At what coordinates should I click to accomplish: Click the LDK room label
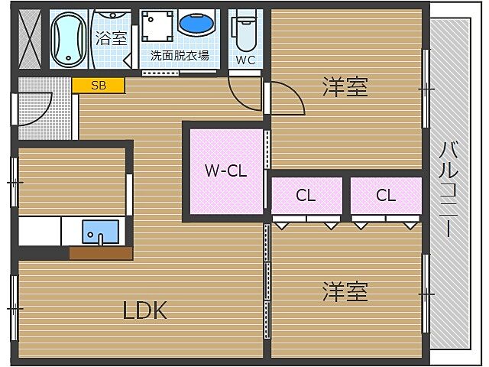(145, 310)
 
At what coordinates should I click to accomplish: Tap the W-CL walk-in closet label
(225, 171)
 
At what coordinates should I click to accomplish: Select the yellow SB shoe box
(99, 86)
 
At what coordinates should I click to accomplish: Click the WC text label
(245, 59)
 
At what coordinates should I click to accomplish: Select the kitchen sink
(100, 231)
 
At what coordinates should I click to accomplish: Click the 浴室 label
(111, 39)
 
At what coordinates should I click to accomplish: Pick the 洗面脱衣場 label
(180, 55)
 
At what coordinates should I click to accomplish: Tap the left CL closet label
(306, 196)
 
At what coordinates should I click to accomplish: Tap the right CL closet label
(386, 196)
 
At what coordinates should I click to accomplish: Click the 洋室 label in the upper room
(345, 87)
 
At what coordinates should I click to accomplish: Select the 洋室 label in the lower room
(345, 291)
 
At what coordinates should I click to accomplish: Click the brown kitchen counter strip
(100, 253)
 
